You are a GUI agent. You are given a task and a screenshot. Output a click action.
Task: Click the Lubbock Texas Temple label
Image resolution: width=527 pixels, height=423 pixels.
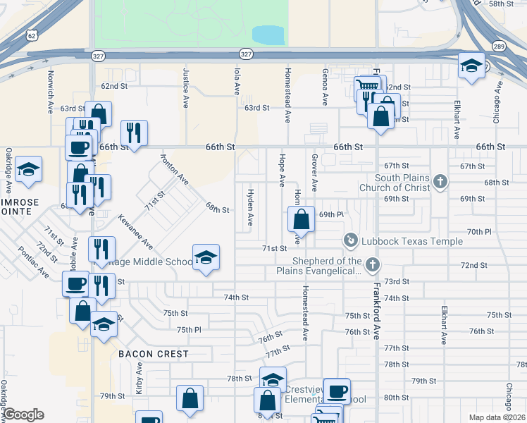[411, 241]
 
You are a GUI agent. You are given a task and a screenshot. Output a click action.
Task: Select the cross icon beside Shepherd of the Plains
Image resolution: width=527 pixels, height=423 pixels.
[373, 264]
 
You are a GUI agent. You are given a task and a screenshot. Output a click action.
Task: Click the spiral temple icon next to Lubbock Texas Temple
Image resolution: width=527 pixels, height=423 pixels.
[350, 241]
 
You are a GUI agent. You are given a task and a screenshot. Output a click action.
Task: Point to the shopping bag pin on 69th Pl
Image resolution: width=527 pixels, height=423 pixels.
[301, 219]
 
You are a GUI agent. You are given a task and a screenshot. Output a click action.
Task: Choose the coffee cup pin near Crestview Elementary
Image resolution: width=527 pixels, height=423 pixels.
[337, 391]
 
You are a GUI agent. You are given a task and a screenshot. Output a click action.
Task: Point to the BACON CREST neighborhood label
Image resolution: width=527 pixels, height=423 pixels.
[154, 353]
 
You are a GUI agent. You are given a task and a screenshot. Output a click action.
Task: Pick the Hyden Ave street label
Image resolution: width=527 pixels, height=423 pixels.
[249, 207]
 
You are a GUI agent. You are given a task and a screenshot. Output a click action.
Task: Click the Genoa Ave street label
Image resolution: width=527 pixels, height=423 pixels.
[325, 87]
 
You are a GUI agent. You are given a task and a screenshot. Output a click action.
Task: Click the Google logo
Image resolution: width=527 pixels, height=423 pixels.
[23, 415]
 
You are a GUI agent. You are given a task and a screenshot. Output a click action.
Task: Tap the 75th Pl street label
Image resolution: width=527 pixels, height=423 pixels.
[189, 329]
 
